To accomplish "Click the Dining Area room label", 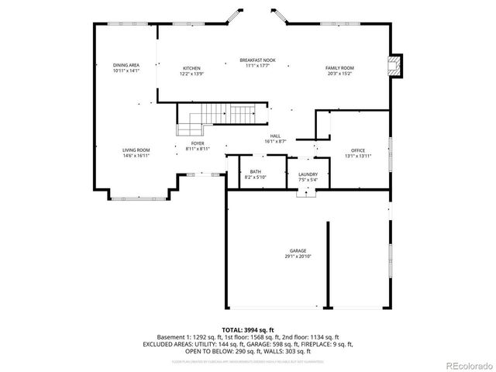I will (126, 65).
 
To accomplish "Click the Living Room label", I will (136, 150).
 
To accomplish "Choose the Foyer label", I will (198, 143).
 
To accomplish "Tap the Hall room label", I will (275, 136).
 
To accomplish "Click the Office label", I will (357, 150).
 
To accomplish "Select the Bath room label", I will (255, 172).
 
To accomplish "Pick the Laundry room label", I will (308, 174).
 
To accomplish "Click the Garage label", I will (298, 250).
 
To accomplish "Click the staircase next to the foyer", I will (225, 114).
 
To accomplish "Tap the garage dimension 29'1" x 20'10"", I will (298, 256).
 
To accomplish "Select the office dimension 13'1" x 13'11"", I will (357, 156).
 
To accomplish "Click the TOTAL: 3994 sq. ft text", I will (248, 329).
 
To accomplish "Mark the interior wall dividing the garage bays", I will (327, 263).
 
